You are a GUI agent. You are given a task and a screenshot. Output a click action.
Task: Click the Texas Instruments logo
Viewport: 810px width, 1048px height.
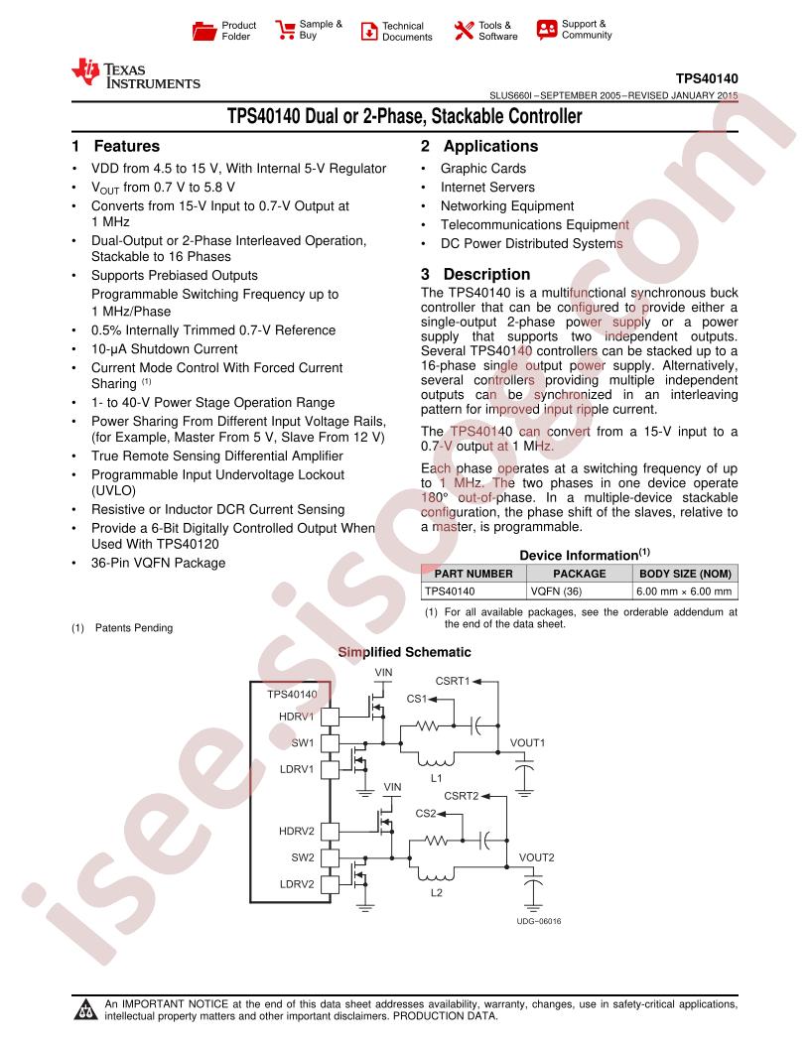coord(136,74)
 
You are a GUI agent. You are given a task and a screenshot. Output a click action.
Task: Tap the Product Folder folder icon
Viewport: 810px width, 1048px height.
coord(203,31)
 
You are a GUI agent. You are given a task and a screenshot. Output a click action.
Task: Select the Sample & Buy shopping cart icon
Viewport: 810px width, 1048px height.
coord(285,30)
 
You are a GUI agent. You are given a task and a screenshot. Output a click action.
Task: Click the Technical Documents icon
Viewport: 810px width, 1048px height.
coord(369,31)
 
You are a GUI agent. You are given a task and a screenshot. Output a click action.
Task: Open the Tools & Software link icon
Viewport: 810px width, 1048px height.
coord(464,30)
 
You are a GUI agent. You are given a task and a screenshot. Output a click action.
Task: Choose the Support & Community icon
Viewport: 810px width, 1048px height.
coord(547,30)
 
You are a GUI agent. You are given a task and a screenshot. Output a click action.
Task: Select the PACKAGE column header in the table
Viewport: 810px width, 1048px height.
coord(580,574)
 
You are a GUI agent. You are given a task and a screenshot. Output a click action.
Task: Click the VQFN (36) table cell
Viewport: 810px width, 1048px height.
coord(556,591)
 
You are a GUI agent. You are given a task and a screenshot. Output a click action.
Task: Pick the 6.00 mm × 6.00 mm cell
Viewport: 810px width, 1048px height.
coord(684,591)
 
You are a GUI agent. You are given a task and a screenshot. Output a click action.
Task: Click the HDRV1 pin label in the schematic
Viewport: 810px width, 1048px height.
coord(296,717)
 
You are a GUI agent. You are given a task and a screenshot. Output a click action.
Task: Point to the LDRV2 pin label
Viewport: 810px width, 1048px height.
coord(297,884)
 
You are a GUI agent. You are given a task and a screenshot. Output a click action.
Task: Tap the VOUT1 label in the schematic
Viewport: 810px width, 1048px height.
coord(527,742)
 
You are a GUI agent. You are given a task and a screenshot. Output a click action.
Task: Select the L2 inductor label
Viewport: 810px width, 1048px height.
coord(437,893)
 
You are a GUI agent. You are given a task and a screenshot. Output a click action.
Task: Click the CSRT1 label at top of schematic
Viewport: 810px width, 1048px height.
coord(453,681)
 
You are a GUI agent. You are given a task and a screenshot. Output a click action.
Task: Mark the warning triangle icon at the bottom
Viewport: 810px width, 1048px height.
coord(85,1009)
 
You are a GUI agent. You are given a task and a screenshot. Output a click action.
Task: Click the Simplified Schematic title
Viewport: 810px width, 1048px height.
coord(404,652)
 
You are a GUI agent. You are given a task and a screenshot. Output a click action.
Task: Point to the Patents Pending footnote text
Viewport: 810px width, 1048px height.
coord(134,627)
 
